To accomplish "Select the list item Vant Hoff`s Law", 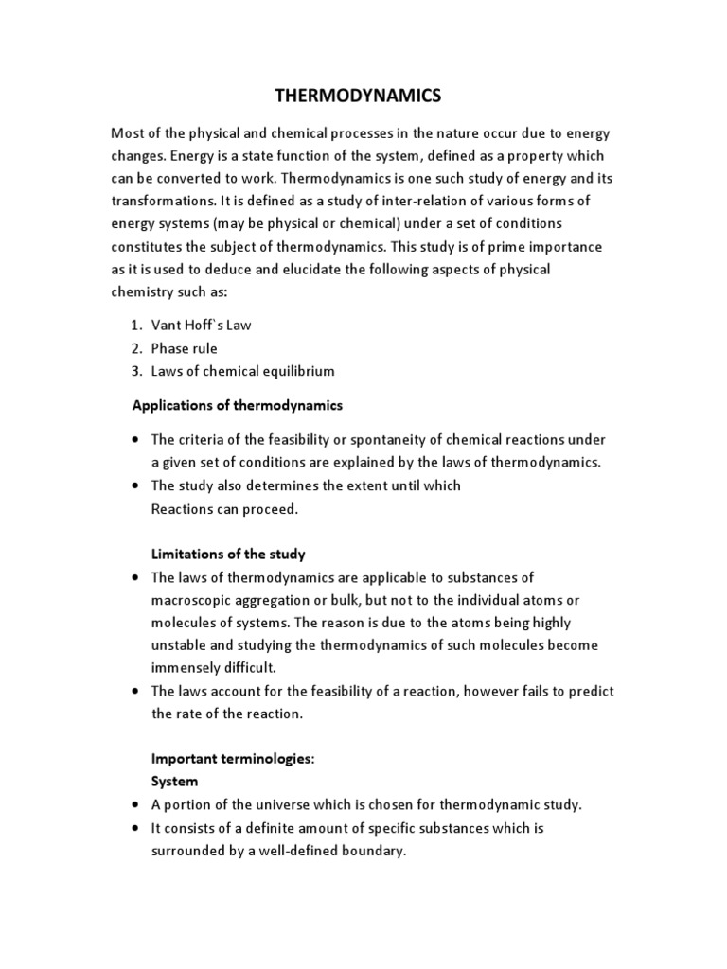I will point(201,325).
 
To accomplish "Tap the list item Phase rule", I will point(184,348).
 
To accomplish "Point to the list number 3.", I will point(135,371).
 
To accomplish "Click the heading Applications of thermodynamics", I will point(236,405).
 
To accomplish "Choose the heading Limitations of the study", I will point(228,554).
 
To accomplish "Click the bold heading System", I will point(175,782).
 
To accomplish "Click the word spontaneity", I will point(399,439).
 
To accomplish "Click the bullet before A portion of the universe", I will point(136,805).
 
